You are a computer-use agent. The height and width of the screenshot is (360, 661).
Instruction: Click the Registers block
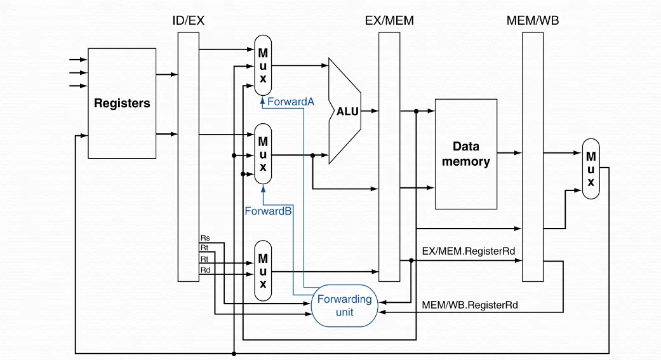122,103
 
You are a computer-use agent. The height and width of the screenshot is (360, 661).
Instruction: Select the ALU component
346,111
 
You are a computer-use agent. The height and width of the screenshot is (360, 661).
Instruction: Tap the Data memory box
465,154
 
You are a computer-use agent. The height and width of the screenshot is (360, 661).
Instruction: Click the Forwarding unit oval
344,305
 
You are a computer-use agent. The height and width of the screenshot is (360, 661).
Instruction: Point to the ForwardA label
291,102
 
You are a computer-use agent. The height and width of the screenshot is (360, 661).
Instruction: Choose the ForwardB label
268,211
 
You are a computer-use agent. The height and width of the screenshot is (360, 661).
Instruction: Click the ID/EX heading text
189,20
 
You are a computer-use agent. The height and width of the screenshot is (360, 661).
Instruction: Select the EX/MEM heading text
389,20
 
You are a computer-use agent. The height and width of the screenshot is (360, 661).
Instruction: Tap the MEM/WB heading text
533,20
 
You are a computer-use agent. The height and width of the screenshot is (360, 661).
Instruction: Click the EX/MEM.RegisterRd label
468,251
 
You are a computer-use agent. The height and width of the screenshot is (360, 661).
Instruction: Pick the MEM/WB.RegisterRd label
469,305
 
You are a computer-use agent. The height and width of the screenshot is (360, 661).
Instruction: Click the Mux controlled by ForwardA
263,63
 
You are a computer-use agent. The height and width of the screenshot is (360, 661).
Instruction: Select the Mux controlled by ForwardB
263,154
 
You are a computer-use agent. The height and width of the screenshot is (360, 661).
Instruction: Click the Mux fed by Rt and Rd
263,270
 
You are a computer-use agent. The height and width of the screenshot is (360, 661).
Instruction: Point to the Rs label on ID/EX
204,238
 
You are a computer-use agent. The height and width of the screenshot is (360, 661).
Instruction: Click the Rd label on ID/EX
204,270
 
